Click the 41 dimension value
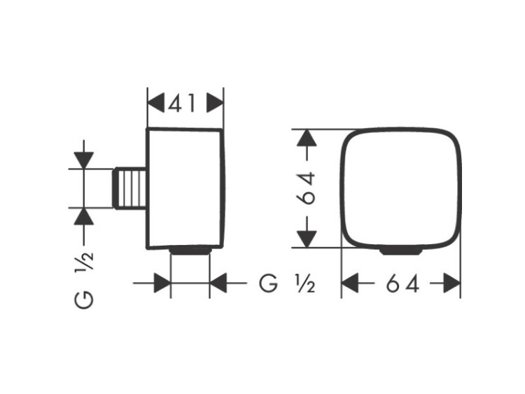[x=181, y=103]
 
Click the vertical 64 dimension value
[x=307, y=188]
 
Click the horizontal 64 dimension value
[x=402, y=283]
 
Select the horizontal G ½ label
[x=286, y=283]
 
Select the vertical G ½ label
[x=84, y=280]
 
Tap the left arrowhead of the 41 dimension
[x=156, y=103]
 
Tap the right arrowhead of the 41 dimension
[x=215, y=103]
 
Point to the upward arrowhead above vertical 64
[x=307, y=138]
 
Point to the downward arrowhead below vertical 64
[x=307, y=239]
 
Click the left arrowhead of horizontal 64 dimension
[x=350, y=283]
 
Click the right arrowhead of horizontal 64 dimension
[x=451, y=283]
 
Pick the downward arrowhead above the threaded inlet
[x=84, y=160]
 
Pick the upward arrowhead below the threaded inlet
[x=84, y=216]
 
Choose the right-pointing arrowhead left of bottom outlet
[x=162, y=283]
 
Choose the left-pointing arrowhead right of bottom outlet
[x=218, y=283]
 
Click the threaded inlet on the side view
[x=130, y=188]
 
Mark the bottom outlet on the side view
[x=190, y=251]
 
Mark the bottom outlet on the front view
[x=401, y=251]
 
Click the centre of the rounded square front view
[x=401, y=188]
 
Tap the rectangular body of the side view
[x=185, y=188]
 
